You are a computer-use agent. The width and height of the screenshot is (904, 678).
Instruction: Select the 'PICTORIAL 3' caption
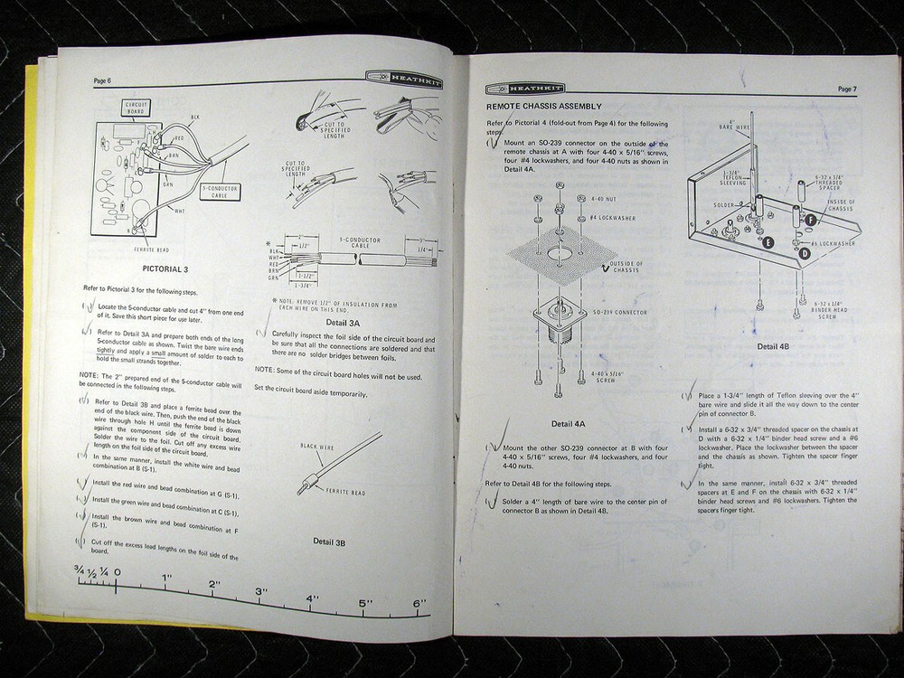(165, 268)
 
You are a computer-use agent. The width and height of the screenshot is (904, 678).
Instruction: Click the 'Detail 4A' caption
(568, 423)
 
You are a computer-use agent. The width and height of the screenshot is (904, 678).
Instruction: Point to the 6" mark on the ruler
(419, 603)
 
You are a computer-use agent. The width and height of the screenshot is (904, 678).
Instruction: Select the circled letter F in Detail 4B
(810, 220)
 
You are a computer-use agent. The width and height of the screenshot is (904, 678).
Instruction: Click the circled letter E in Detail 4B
(767, 242)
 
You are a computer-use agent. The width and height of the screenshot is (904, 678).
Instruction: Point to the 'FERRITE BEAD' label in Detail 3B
(335, 491)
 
